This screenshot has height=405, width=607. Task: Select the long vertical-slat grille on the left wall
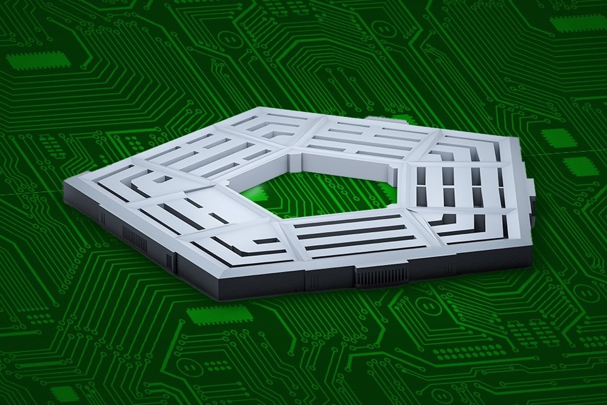134,238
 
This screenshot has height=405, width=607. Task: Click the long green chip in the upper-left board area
39,61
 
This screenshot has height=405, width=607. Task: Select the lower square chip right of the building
580,166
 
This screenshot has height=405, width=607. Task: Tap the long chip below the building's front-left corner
219,314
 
